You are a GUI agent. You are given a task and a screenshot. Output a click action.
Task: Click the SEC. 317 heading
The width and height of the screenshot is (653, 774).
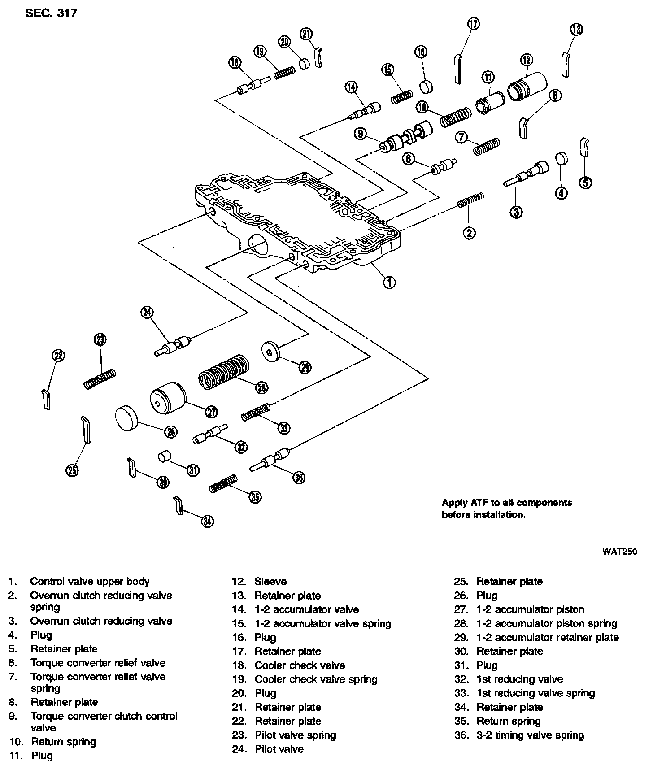pyautogui.click(x=51, y=13)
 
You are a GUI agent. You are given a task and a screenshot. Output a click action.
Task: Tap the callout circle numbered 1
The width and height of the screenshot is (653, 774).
pyautogui.click(x=389, y=282)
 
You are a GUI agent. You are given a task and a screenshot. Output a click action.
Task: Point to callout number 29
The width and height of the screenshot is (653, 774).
pyautogui.click(x=305, y=367)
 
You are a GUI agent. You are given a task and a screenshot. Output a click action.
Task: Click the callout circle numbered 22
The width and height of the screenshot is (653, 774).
pyautogui.click(x=58, y=356)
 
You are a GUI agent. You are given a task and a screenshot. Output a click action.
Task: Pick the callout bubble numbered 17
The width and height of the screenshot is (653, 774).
pyautogui.click(x=474, y=23)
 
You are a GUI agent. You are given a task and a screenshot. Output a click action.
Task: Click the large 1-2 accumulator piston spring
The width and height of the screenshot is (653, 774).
pyautogui.click(x=223, y=371)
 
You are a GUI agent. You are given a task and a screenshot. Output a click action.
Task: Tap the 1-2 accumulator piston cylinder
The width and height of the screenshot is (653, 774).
pyautogui.click(x=167, y=399)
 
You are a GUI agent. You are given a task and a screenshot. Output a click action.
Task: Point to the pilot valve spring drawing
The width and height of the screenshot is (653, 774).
pyautogui.click(x=100, y=378)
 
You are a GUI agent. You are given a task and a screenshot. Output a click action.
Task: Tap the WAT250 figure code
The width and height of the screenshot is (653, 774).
pyautogui.click(x=619, y=552)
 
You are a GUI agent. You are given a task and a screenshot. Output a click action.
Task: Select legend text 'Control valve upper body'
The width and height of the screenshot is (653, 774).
pyautogui.click(x=90, y=582)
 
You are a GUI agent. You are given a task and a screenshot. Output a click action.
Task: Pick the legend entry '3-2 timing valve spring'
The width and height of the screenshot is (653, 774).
pyautogui.click(x=530, y=735)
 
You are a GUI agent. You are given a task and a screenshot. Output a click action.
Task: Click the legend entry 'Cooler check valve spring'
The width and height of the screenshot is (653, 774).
pyautogui.click(x=316, y=679)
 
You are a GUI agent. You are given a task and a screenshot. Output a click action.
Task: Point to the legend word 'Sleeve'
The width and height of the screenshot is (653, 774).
pyautogui.click(x=270, y=582)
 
